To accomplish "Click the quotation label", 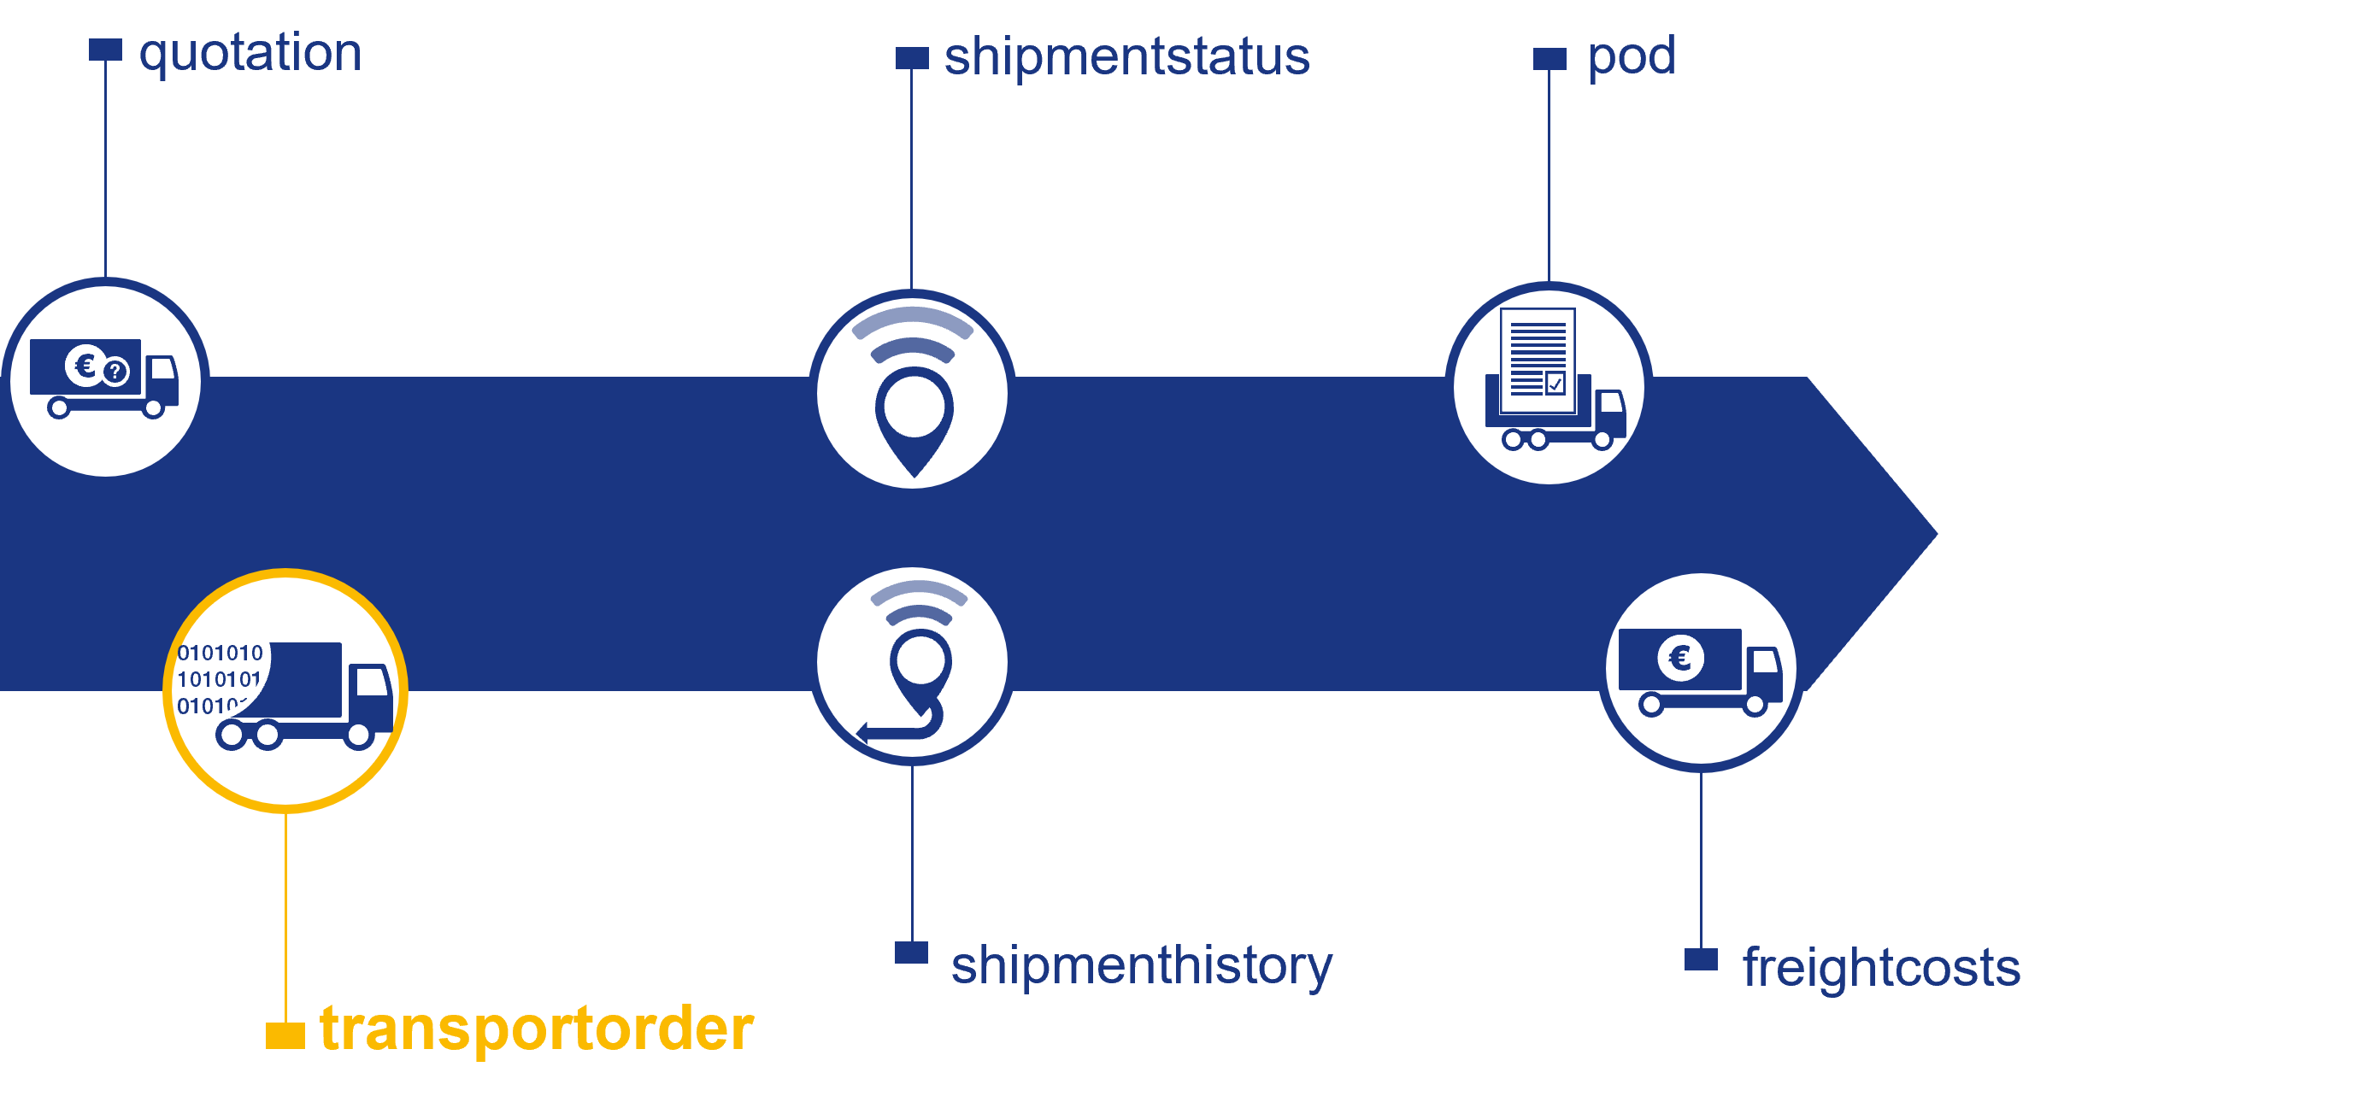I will (x=250, y=53).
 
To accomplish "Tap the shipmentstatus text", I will (x=1126, y=57).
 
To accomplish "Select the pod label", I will (x=1631, y=57).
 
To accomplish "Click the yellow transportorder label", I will (x=536, y=1029).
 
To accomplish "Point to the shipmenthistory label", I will (x=1141, y=965).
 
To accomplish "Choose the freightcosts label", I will (x=1880, y=968).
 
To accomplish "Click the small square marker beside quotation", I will (x=105, y=50).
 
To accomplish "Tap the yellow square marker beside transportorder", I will (x=285, y=1035).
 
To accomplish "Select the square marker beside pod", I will (x=1550, y=59).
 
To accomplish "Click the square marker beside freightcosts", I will (x=1701, y=958).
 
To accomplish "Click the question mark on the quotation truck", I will (x=115, y=372).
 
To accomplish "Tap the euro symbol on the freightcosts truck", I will (x=1680, y=658).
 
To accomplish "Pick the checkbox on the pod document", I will (x=1555, y=383).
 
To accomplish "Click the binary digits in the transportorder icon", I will (x=220, y=679).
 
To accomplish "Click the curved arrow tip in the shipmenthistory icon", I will (x=862, y=731).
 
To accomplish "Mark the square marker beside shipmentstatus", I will (x=911, y=58).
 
